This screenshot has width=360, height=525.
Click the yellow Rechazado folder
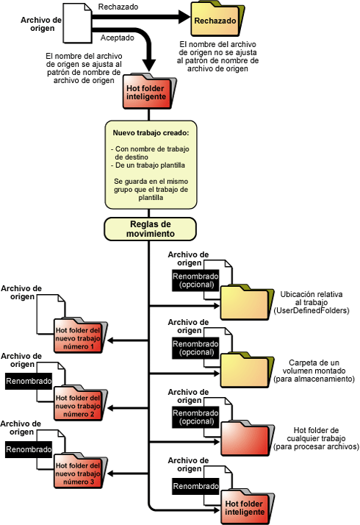[217, 19]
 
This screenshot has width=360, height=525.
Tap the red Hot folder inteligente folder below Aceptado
[149, 91]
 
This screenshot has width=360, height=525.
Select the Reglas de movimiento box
[150, 229]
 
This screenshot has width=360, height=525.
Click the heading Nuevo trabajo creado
[151, 133]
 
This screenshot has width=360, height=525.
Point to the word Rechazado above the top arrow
[118, 7]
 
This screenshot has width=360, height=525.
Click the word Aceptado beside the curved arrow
[117, 37]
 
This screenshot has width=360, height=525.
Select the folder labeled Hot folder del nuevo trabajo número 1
[80, 335]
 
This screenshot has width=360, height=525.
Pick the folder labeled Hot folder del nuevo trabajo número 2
[80, 402]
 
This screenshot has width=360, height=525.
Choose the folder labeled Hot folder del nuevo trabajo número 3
[80, 470]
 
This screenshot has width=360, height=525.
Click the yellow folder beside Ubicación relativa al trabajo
[247, 302]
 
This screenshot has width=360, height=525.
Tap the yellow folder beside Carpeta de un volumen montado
[247, 370]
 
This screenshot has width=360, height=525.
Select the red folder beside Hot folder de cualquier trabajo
[248, 438]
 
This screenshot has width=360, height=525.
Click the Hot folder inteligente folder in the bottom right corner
[248, 506]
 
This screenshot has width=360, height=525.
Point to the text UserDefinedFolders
[312, 311]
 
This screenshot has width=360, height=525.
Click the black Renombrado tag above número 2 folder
[29, 381]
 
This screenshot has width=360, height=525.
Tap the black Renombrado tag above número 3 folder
[29, 449]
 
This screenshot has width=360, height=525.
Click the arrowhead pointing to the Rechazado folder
[184, 17]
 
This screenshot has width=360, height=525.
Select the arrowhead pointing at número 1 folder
[111, 340]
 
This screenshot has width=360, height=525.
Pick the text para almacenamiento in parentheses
[314, 379]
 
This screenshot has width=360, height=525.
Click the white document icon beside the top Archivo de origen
[77, 23]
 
